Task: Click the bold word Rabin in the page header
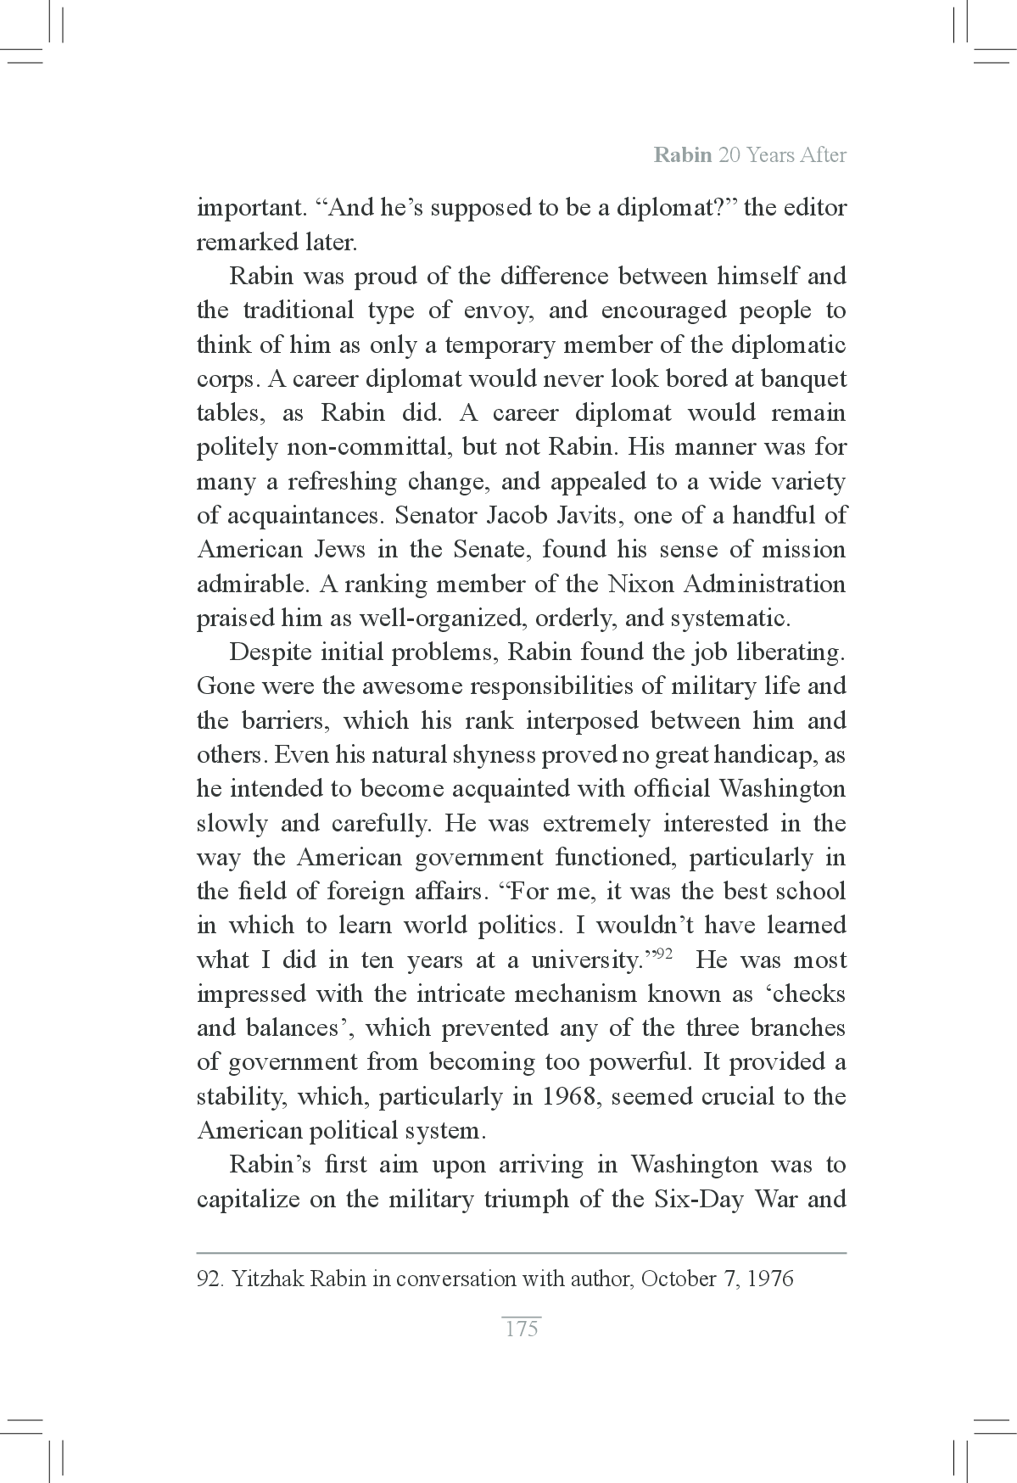[682, 156]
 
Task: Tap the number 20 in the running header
[729, 156]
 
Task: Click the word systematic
[729, 618]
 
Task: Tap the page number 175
[522, 1329]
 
